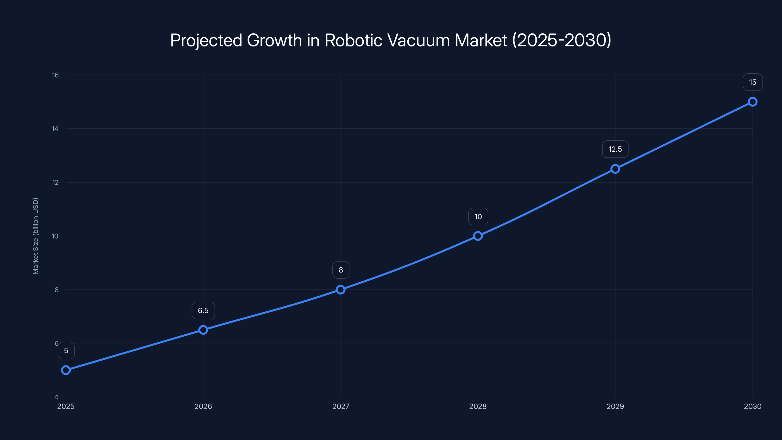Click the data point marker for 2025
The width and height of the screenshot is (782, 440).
66,370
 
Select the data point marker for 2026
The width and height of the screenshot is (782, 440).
203,330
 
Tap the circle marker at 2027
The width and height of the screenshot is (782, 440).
341,289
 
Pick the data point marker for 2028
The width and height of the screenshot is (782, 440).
478,236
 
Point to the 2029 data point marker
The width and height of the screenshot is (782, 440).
615,169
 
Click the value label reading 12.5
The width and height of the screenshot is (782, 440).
615,149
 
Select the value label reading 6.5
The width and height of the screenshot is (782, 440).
203,310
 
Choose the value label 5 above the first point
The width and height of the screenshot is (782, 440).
66,351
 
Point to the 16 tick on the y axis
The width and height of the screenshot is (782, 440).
55,75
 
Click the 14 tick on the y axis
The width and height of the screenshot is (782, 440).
55,129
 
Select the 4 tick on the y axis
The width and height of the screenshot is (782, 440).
56,397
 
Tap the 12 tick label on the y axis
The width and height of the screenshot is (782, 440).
55,183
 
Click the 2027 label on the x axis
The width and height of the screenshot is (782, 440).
341,406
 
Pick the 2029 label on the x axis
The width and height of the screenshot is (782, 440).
615,406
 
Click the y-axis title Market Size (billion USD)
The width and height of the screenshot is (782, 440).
35,236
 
